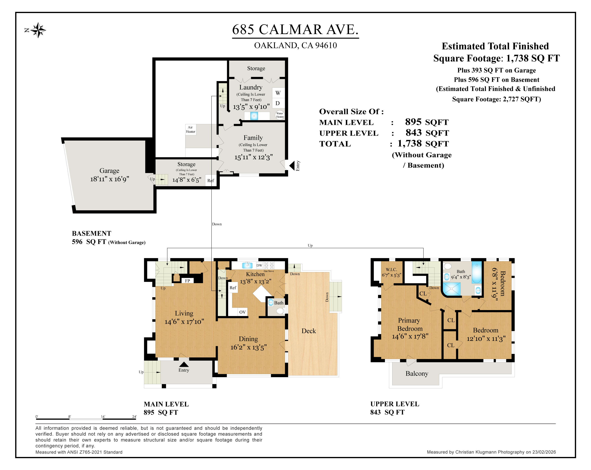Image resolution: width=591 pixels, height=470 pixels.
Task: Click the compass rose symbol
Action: click(x=38, y=30)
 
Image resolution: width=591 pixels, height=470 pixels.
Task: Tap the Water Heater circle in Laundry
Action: click(x=280, y=115)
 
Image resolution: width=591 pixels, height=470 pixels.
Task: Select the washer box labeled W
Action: click(x=278, y=93)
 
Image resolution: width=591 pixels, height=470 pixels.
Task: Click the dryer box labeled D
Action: click(x=278, y=103)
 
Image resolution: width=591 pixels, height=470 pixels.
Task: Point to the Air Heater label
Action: click(x=190, y=129)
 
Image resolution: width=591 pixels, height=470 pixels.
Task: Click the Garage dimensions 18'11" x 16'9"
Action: click(x=110, y=179)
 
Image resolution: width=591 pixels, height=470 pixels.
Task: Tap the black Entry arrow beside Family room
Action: click(x=292, y=166)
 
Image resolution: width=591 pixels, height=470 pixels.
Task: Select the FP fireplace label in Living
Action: click(x=188, y=280)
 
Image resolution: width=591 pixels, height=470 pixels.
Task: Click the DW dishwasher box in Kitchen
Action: click(x=259, y=265)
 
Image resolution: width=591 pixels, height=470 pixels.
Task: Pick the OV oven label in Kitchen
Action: click(x=242, y=312)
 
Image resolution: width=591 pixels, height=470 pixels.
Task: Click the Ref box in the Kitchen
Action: click(x=233, y=288)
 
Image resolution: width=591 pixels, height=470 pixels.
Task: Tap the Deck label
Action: click(x=309, y=331)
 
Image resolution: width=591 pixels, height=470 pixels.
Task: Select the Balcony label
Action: click(x=417, y=373)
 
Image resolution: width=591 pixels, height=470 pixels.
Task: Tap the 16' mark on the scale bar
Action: click(x=103, y=417)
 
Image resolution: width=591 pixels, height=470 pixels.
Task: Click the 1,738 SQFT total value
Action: click(x=423, y=143)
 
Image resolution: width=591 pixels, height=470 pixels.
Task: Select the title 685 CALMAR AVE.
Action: click(x=295, y=29)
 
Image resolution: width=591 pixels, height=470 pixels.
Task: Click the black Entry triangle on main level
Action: click(x=184, y=364)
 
